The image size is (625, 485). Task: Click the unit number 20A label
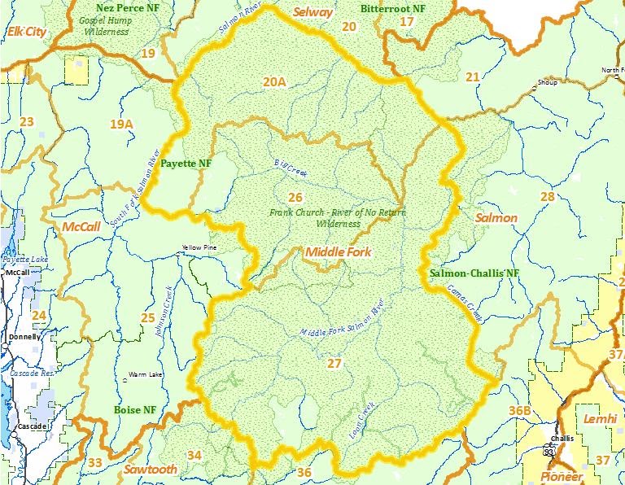coord(274,81)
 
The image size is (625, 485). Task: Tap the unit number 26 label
coord(295,197)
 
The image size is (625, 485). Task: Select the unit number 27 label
coord(334,363)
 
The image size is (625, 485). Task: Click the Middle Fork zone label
coord(338,252)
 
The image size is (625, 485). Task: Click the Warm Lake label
coord(143,375)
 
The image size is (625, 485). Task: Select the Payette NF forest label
coord(186,163)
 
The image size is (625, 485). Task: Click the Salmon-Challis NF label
coord(474,273)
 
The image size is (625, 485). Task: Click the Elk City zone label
coord(27,32)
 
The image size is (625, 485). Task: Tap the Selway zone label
coord(313,12)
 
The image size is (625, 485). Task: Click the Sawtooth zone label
coord(151,470)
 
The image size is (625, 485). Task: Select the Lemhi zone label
coord(601,419)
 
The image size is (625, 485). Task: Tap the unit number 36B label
coord(520,410)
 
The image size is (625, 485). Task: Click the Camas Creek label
coord(465,307)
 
